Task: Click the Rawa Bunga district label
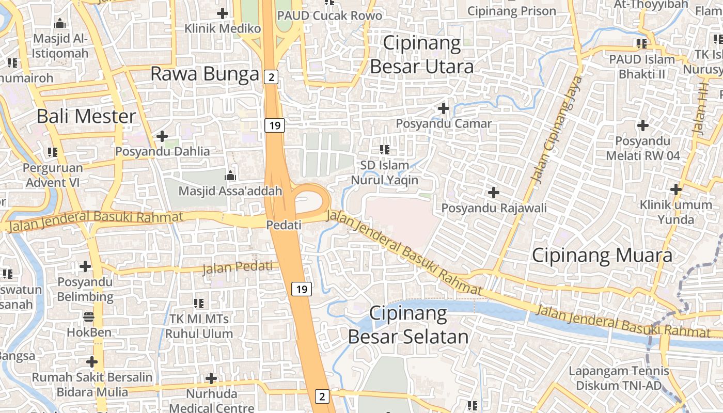coord(205,74)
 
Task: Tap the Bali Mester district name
coord(86,116)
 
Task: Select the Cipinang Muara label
coord(602,256)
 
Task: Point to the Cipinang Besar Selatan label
coord(408,325)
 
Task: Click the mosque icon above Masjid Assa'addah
coord(230,176)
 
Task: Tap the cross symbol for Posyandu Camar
coord(443,108)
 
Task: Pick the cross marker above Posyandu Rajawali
coord(494,193)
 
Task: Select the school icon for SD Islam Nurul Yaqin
coord(385,150)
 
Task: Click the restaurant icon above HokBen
coord(89,316)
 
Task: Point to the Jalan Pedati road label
coord(237,267)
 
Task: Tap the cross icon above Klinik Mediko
coord(223,13)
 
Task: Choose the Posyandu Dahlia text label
coord(163,151)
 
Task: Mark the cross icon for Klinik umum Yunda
coord(675,189)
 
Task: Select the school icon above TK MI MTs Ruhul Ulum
coord(199,303)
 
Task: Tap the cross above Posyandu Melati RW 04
coord(643,125)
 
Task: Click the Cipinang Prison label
coord(511,11)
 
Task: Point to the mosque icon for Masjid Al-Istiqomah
coord(60,23)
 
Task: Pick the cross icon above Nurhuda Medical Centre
coord(211,378)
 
